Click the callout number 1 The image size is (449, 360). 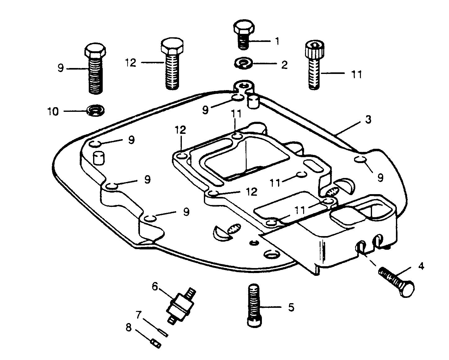point(277,41)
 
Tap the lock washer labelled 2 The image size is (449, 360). point(244,63)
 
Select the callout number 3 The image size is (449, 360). point(368,120)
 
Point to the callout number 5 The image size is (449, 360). point(291,307)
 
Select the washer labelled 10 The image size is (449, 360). point(96,110)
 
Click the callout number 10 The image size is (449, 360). point(53,112)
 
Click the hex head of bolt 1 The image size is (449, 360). point(244,27)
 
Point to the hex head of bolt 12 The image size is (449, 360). point(172,46)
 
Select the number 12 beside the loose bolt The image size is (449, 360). point(131,62)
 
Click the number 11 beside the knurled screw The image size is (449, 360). point(356,74)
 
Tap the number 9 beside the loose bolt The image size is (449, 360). point(61,68)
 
